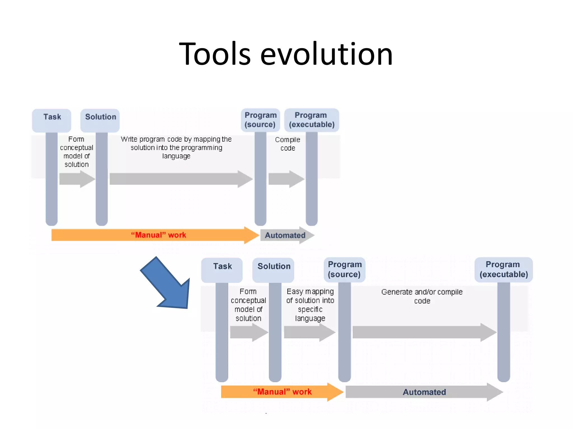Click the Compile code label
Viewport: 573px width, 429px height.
pos(288,144)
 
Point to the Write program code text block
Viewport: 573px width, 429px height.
pos(176,147)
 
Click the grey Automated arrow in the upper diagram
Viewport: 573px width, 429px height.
pos(285,235)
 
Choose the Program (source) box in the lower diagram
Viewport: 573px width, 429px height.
pos(344,270)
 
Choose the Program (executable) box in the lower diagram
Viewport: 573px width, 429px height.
pos(504,270)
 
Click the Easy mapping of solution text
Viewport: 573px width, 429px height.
pos(310,305)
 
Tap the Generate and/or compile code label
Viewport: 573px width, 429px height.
pos(422,296)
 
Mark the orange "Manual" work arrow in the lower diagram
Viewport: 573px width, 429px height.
pos(280,392)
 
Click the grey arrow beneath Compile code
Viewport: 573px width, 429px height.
pos(285,179)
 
